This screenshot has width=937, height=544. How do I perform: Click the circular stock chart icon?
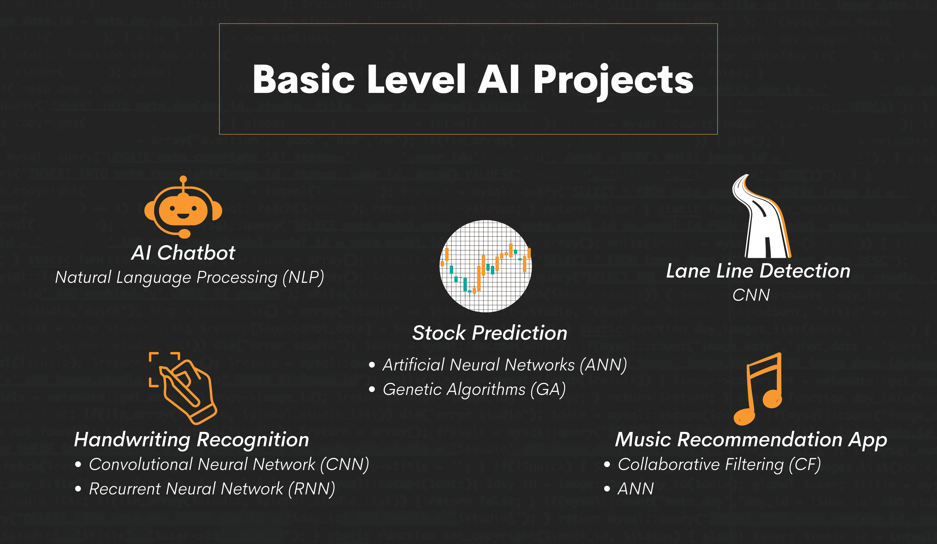click(x=486, y=266)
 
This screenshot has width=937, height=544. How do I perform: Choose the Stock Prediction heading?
click(x=490, y=333)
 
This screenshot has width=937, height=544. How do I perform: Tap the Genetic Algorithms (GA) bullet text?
click(x=474, y=390)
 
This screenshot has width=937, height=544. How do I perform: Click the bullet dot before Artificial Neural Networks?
click(x=372, y=365)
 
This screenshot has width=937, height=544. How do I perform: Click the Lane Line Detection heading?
click(x=758, y=271)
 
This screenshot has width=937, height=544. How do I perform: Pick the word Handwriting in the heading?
click(x=132, y=440)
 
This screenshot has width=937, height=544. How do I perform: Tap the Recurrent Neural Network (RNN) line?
click(x=212, y=489)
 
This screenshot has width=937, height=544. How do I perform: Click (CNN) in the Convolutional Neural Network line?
click(x=344, y=464)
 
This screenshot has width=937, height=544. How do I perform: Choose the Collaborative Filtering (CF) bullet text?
click(x=719, y=464)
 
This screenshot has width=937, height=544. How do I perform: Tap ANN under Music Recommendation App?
click(x=635, y=489)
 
